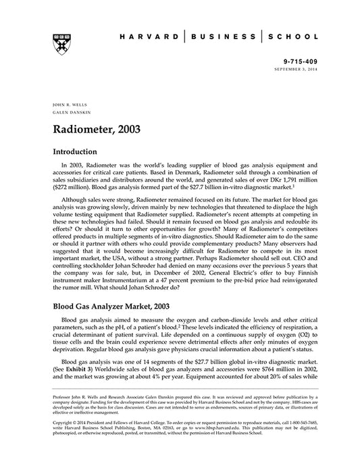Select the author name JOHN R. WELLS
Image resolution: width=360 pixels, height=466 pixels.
(66, 106)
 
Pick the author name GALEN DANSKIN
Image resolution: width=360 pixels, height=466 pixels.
(68, 113)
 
